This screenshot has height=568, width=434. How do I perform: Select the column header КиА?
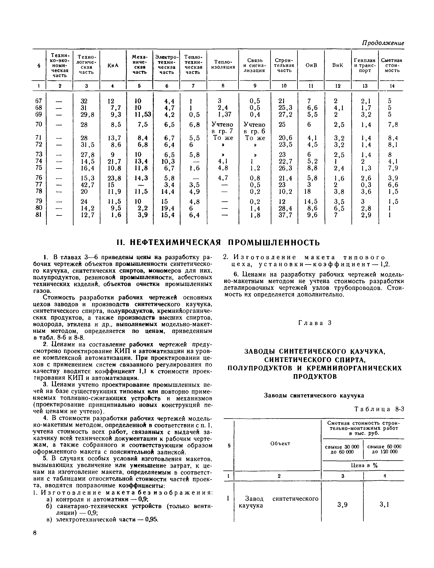point(113,65)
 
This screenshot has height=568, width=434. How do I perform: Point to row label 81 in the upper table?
point(38,215)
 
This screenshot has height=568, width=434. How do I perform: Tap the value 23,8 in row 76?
point(114,178)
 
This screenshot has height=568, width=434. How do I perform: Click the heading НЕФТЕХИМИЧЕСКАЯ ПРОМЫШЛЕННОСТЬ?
point(218,243)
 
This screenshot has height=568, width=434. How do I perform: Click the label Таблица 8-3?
point(379,409)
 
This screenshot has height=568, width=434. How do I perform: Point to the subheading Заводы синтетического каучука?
point(314,396)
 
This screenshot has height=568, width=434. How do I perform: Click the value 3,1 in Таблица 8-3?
point(384,504)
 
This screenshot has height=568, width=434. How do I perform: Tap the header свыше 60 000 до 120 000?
point(384,449)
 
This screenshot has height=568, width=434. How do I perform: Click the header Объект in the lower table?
point(280,443)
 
